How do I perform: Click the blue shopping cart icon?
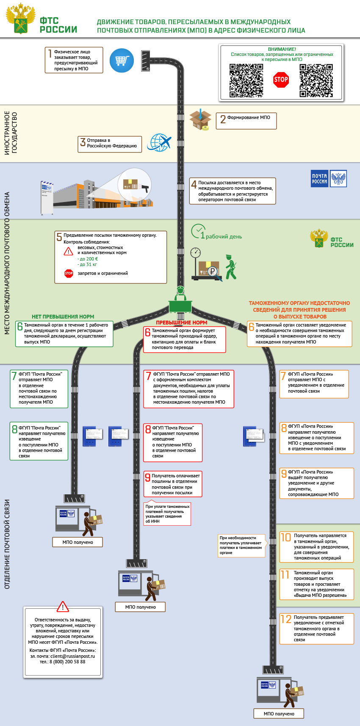point(122,61)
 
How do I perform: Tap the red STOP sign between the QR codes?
point(281,80)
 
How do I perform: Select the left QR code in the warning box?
point(246,80)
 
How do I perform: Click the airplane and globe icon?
point(159,143)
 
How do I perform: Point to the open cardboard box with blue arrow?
point(200,119)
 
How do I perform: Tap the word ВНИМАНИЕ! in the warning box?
point(282,49)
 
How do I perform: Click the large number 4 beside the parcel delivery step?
point(194,184)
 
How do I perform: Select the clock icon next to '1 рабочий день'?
point(198,231)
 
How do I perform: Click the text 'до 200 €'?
point(88,259)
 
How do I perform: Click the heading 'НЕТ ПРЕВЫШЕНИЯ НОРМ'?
point(63,316)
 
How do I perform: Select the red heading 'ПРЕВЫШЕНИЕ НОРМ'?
point(182,322)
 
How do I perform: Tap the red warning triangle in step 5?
point(68,252)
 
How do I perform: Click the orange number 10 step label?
point(286,537)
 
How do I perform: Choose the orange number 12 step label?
point(286,619)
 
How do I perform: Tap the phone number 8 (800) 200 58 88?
point(68,662)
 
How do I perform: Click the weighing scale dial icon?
point(195,253)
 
